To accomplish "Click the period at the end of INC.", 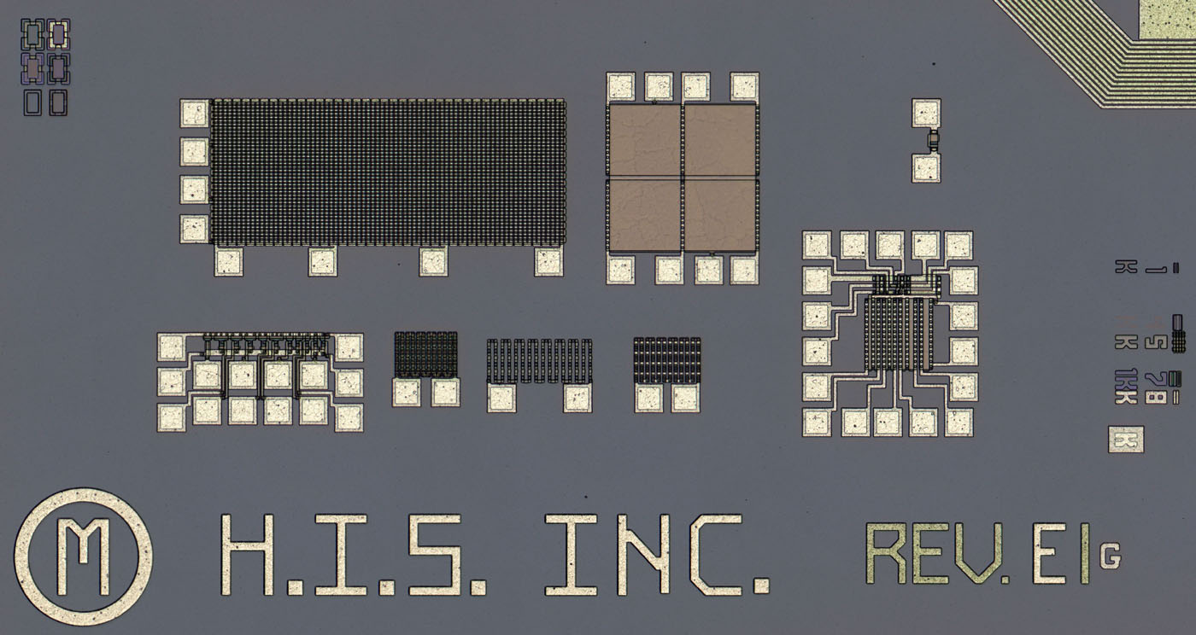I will coord(759,586).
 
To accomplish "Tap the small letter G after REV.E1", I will coord(1111,556).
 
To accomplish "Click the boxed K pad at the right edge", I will coord(1126,440).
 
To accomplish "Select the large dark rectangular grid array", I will coord(388,172).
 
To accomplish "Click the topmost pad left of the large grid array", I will coord(195,113).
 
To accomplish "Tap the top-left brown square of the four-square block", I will coord(644,141).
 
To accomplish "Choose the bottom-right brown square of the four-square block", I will coord(720,214).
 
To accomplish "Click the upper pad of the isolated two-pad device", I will coord(925,113).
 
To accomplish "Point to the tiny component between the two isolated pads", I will coord(931,140).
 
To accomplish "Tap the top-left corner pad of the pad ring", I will coord(817,246).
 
